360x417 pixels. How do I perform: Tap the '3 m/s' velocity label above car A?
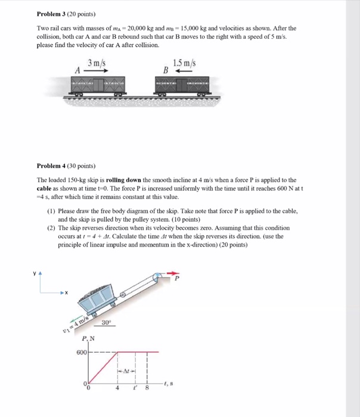[96, 63]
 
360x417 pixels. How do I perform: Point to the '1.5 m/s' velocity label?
[184, 63]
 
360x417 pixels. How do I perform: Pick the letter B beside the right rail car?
[167, 70]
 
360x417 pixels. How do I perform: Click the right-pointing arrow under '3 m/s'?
[95, 70]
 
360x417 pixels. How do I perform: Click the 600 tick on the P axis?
[81, 353]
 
